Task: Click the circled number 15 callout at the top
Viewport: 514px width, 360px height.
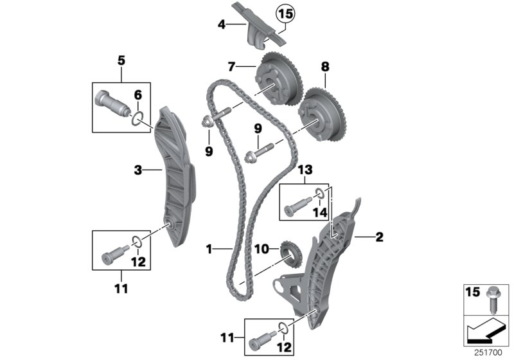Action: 283,12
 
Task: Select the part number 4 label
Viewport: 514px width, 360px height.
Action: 222,26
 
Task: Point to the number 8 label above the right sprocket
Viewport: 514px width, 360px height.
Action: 324,65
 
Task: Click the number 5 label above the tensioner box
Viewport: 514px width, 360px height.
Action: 121,62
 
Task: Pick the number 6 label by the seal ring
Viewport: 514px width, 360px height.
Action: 137,94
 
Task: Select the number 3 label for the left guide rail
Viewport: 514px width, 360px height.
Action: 137,170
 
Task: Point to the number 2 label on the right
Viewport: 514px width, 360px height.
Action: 379,237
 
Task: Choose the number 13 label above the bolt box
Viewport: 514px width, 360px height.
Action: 305,170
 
